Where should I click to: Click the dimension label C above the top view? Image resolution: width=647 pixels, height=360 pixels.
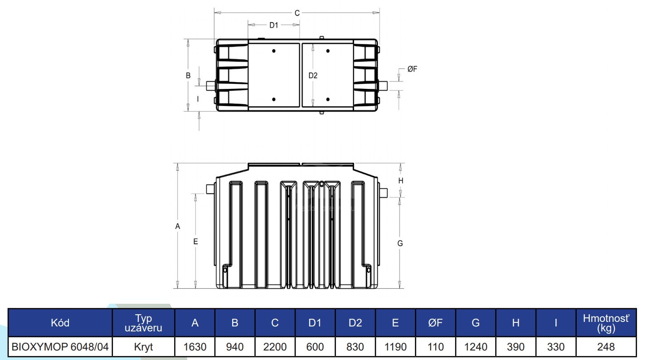tap(297, 13)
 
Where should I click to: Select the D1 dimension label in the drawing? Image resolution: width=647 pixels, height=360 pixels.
tap(273, 25)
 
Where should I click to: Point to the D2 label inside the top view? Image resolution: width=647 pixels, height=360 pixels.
tap(313, 75)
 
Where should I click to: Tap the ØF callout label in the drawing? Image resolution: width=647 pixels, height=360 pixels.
tap(412, 69)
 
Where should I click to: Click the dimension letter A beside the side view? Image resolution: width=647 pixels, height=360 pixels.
tap(178, 226)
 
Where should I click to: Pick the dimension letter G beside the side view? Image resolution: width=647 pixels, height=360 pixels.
tap(400, 243)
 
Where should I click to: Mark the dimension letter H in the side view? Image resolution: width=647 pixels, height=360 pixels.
tap(401, 181)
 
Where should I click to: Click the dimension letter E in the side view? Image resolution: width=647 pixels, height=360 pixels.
tap(195, 242)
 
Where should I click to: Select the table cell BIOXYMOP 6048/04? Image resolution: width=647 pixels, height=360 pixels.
tap(60, 347)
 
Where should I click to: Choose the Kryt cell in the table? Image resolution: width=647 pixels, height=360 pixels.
tap(143, 347)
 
